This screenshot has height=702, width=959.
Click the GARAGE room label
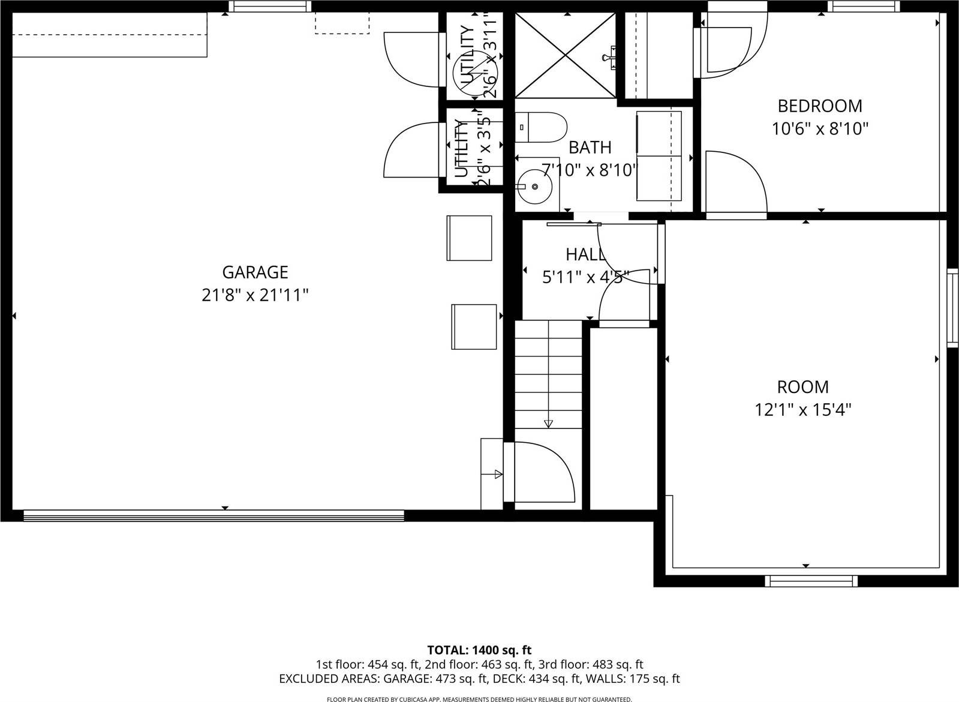pyautogui.click(x=255, y=272)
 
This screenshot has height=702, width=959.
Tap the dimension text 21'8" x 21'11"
pyautogui.click(x=255, y=295)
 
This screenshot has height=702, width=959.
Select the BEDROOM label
pyautogui.click(x=819, y=106)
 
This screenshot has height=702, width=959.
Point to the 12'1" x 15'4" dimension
pyautogui.click(x=802, y=410)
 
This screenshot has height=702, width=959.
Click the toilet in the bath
pyautogui.click(x=542, y=127)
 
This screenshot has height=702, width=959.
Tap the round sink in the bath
pyautogui.click(x=534, y=187)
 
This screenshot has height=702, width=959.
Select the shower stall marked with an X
pyautogui.click(x=566, y=55)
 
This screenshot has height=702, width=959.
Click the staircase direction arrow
pyautogui.click(x=548, y=423)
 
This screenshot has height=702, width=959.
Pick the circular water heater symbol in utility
pyautogui.click(x=471, y=74)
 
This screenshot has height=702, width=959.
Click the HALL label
pyautogui.click(x=585, y=254)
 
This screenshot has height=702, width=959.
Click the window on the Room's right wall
pyautogui.click(x=952, y=308)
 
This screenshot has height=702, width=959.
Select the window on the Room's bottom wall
pyautogui.click(x=811, y=580)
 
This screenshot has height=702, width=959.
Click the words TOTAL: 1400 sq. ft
pyautogui.click(x=479, y=650)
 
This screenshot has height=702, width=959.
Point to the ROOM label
pyautogui.click(x=802, y=387)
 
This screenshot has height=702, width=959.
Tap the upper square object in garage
pyautogui.click(x=469, y=238)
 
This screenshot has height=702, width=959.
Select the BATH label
pyautogui.click(x=590, y=147)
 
